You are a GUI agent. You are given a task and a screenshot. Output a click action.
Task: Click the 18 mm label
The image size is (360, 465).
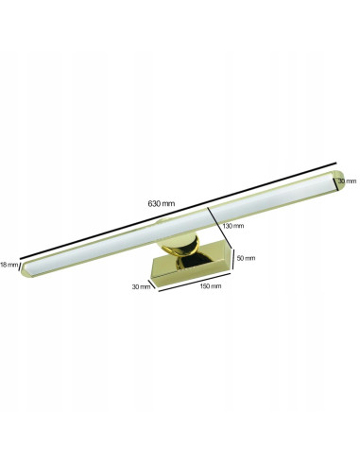pos(9,264)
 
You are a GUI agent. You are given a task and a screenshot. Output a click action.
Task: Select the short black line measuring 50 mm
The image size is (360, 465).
pos(232,259)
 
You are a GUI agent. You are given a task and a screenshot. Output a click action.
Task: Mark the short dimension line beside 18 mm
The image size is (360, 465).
pos(21,266)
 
